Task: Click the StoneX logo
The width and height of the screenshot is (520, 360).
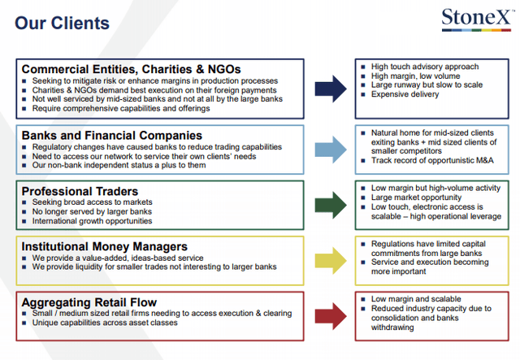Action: coord(477,20)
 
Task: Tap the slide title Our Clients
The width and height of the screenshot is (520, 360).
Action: coord(62,24)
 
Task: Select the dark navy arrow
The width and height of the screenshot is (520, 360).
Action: coord(331,89)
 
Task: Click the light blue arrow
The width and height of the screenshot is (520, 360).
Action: coord(331,150)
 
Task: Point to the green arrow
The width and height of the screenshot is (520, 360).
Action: coord(331,205)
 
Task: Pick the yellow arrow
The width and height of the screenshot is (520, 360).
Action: coord(331,261)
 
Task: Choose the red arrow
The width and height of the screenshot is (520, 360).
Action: coord(331,316)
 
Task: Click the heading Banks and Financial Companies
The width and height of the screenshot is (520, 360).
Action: coord(112,136)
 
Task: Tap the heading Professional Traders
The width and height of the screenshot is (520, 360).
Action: coord(80,192)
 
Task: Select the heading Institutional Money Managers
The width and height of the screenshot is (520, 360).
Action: coord(105,247)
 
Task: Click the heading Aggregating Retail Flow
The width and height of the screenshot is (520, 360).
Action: coord(89,302)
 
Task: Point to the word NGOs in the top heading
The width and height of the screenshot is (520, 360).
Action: coord(224,69)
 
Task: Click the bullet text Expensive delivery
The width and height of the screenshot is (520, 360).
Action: coord(405,94)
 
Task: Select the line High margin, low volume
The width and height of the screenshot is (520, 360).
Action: coord(415,76)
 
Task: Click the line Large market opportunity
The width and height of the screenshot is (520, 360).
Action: coord(416,197)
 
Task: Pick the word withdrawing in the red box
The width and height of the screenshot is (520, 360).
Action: coord(392,327)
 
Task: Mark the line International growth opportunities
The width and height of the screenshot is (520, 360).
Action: coord(92,221)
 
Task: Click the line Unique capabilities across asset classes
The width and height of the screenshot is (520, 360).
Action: coord(105,323)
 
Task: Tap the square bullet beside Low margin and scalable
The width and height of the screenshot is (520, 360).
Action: coord(363,299)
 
